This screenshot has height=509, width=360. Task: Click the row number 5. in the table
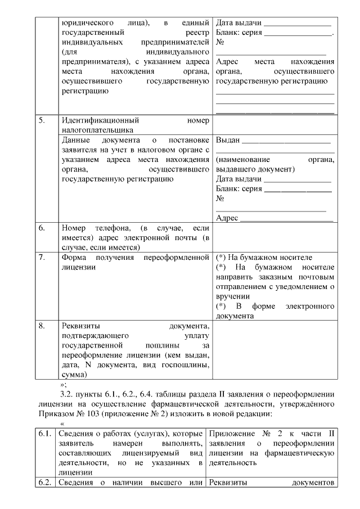(42, 120)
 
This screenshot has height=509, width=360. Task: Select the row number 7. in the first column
(42, 257)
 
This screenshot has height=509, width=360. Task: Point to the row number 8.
(42, 326)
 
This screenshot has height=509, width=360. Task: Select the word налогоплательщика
(96, 129)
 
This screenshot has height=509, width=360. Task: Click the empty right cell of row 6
(274, 237)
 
